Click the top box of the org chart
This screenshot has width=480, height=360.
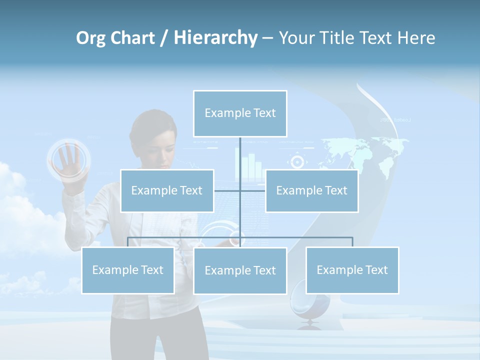[x=240, y=113]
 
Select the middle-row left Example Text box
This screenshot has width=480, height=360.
[x=167, y=190]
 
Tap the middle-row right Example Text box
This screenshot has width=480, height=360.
[x=311, y=190]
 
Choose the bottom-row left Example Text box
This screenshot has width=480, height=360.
[x=127, y=270]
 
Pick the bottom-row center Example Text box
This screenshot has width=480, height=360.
[x=240, y=270]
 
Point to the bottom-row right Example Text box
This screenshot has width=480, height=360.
[x=352, y=270]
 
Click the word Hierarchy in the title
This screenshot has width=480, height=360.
[x=215, y=37]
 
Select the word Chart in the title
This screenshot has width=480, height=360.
[x=135, y=37]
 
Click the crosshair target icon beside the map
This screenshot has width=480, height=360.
[x=297, y=161]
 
